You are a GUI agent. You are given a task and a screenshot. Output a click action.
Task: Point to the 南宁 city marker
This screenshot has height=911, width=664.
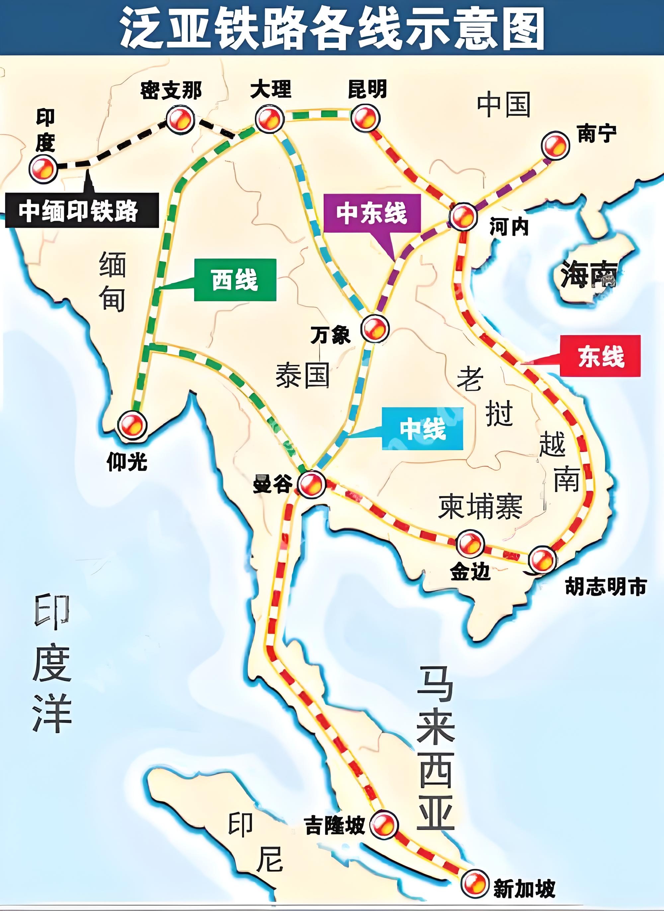[555, 145]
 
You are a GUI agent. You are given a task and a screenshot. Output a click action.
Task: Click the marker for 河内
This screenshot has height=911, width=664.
[463, 216]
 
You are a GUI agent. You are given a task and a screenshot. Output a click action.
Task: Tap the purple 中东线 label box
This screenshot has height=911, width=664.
[372, 213]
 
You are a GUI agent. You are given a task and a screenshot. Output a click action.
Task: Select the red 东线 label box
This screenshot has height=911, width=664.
[600, 356]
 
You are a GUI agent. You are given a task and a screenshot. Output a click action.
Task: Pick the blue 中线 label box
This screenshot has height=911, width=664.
[422, 429]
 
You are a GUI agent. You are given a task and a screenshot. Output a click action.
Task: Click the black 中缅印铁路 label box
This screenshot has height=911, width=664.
[82, 210]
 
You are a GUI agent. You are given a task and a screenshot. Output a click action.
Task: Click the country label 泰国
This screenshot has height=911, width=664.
[302, 375]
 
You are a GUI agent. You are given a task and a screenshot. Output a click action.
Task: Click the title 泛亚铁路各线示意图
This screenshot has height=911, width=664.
[332, 28]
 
